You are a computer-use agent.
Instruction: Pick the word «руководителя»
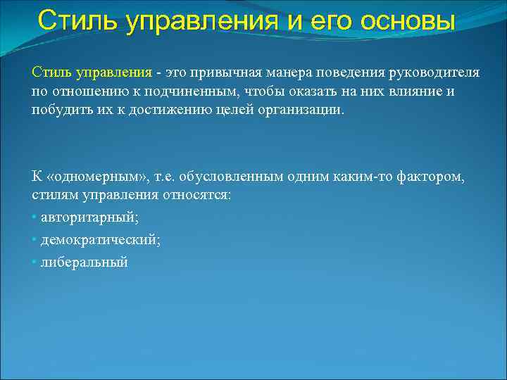click(x=434, y=73)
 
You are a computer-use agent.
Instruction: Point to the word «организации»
click(x=303, y=111)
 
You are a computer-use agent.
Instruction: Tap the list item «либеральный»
click(x=84, y=262)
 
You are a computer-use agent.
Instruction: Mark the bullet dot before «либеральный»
click(x=35, y=262)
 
